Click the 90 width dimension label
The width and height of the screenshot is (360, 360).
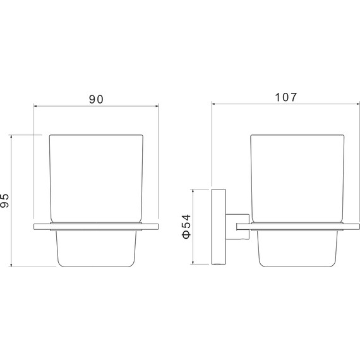pyautogui.click(x=96, y=99)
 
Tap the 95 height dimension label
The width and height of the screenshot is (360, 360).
pyautogui.click(x=4, y=200)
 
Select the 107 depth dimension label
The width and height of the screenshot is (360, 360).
pyautogui.click(x=286, y=97)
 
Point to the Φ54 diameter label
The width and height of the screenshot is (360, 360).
pyautogui.click(x=186, y=226)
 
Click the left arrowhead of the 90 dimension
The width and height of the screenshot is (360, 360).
pyautogui.click(x=35, y=106)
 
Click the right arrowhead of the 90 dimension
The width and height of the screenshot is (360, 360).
pyautogui.click(x=157, y=106)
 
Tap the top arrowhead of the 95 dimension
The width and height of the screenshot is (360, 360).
pyautogui.click(x=11, y=136)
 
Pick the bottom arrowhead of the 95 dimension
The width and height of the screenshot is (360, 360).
pyautogui.click(x=11, y=265)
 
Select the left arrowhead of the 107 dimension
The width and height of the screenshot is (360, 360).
pyautogui.click(x=213, y=104)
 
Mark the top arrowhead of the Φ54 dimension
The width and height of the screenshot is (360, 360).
pyautogui.click(x=193, y=191)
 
